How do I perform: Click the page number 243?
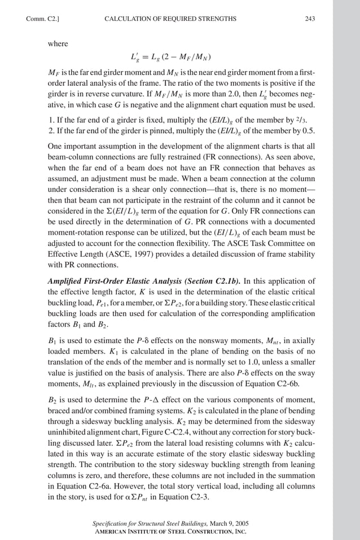tap(309, 19)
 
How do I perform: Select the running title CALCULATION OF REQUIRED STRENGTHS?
tap(170, 19)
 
